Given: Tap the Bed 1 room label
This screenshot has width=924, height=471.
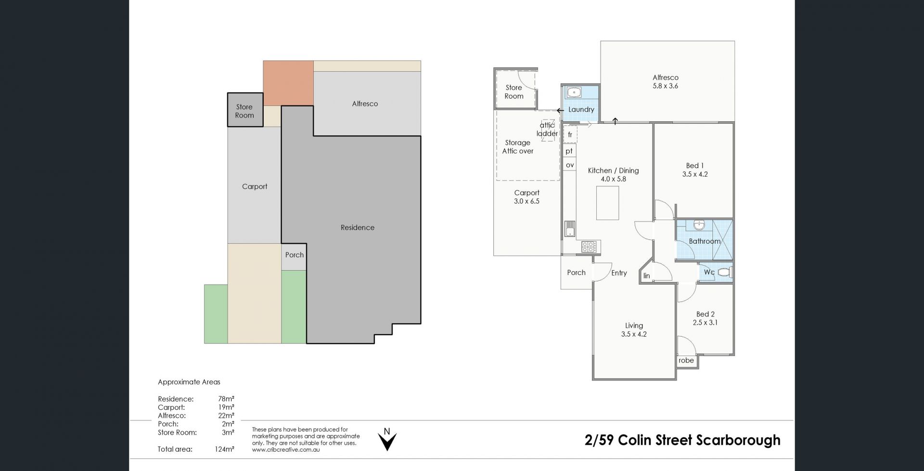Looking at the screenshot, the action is (695, 166).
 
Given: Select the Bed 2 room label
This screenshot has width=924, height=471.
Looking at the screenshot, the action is (705, 314).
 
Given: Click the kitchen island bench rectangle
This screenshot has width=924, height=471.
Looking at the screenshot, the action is (607, 203).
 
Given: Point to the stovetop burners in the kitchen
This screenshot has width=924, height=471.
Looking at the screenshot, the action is (589, 247).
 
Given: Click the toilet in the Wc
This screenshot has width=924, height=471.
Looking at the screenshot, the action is (725, 272).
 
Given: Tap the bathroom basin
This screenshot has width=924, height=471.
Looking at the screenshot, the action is (699, 224).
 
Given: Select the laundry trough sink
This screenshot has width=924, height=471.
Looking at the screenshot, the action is (574, 92).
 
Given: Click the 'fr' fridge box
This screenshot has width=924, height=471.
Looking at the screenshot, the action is (570, 135).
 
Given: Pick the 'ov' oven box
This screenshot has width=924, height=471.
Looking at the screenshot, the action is (570, 165).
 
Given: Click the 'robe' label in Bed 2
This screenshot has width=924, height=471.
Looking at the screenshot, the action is (686, 360).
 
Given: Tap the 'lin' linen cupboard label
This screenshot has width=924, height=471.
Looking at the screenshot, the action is (647, 276).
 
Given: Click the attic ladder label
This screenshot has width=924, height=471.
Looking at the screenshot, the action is (547, 130).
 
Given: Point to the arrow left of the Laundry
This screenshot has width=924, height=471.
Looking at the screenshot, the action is (560, 110).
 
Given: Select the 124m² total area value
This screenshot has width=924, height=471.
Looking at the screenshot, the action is (224, 449).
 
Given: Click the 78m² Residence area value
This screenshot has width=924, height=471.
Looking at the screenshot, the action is (226, 399).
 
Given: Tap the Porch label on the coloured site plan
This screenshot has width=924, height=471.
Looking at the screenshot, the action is (295, 255).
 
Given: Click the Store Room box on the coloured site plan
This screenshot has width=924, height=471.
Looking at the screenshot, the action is (245, 110).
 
